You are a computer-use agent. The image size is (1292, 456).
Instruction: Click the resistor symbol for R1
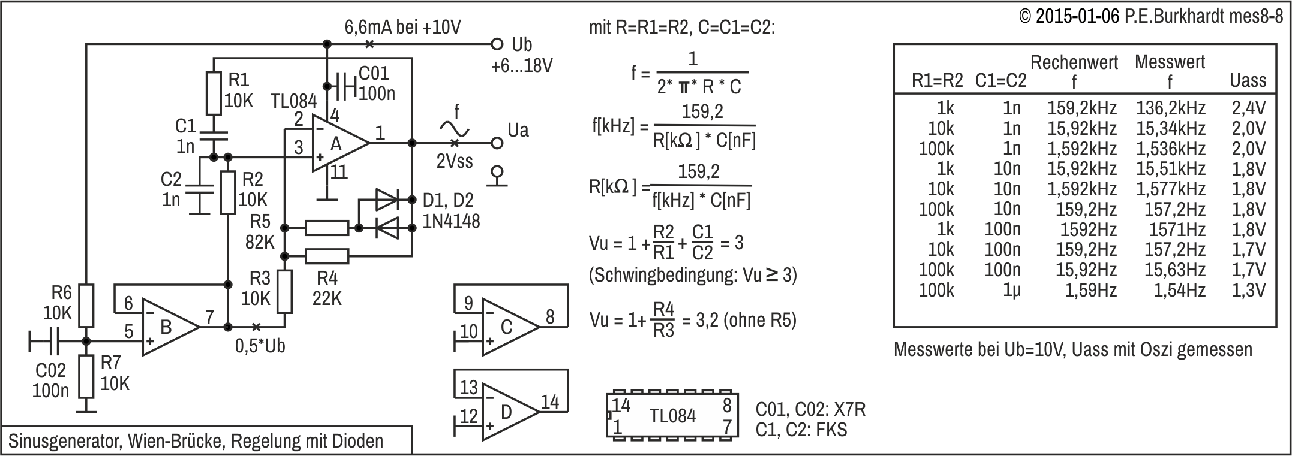pyautogui.click(x=214, y=93)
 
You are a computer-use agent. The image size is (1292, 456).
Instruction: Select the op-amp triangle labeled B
pyautogui.click(x=170, y=328)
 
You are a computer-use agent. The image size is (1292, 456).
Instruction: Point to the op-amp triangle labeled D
pyautogui.click(x=510, y=412)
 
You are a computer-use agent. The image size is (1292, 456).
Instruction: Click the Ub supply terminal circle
pyautogui.click(x=496, y=44)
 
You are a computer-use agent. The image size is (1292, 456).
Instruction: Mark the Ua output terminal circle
pyautogui.click(x=496, y=143)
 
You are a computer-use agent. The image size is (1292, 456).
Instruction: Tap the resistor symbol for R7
pyautogui.click(x=86, y=376)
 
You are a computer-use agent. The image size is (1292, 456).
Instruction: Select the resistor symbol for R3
pyautogui.click(x=285, y=292)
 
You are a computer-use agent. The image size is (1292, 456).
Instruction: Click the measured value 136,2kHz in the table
pyautogui.click(x=1170, y=108)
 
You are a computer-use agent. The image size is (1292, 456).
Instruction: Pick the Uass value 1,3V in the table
pyautogui.click(x=1248, y=291)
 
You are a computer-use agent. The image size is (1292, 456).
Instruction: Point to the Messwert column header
pyautogui.click(x=1170, y=62)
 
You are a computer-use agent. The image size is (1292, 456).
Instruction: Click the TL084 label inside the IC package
pyautogui.click(x=673, y=416)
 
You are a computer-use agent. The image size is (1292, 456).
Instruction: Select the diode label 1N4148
pyautogui.click(x=452, y=221)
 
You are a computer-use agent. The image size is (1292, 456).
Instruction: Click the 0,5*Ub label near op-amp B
pyautogui.click(x=260, y=346)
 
